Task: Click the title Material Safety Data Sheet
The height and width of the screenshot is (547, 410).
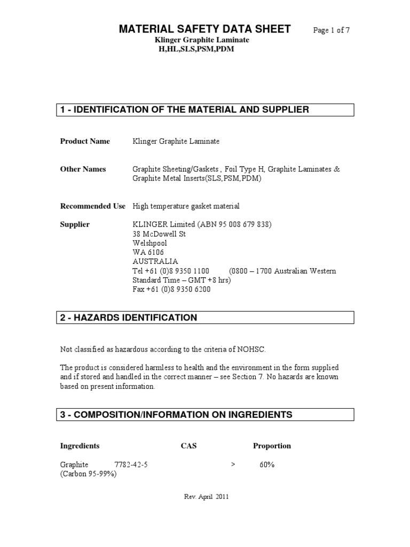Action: click(x=204, y=29)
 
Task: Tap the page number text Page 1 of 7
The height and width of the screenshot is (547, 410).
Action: click(x=331, y=30)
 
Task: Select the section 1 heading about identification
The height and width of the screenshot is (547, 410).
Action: click(x=184, y=110)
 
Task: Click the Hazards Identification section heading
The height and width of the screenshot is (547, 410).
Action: click(x=129, y=318)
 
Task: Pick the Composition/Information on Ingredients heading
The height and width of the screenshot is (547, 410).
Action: click(x=176, y=415)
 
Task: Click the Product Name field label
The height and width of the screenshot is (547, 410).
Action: click(x=85, y=142)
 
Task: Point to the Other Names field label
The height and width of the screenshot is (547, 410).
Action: click(x=83, y=169)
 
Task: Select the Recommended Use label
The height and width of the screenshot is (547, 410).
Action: click(x=92, y=206)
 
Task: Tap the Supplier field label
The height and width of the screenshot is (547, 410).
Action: click(x=75, y=225)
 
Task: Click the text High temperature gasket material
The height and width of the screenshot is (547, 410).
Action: click(x=186, y=206)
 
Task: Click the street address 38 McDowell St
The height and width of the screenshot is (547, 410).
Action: click(x=159, y=234)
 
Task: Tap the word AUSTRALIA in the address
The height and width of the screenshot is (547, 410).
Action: click(x=155, y=262)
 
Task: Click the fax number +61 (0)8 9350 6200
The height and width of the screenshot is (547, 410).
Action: click(x=171, y=290)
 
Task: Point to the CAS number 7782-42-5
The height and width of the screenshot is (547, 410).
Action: click(x=131, y=465)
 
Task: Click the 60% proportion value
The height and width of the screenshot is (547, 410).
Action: click(x=267, y=465)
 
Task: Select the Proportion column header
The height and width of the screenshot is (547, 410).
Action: click(x=272, y=446)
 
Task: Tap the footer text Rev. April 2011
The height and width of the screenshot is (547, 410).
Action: click(x=206, y=497)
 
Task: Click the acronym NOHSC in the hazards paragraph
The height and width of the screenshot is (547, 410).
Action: click(x=249, y=350)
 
